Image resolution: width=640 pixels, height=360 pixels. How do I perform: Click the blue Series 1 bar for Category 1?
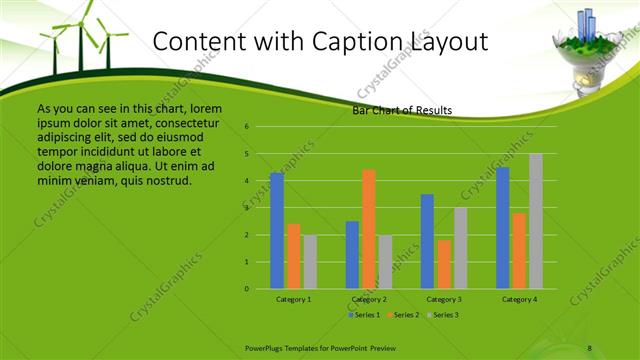[x=277, y=231]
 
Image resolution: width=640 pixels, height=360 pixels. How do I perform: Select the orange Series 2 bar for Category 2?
[x=369, y=229]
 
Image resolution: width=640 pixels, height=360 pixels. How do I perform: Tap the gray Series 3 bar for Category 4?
[x=536, y=221]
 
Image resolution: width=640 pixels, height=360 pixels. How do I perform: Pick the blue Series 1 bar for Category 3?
[x=427, y=241]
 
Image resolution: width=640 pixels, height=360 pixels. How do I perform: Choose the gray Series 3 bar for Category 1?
[x=310, y=262]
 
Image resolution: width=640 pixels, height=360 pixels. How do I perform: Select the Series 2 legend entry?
[x=403, y=315]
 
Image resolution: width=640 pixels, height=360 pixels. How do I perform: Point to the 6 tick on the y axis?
[x=246, y=127]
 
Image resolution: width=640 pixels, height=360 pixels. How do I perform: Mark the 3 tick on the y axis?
[x=246, y=208]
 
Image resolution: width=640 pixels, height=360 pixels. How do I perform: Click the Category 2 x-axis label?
[x=369, y=299]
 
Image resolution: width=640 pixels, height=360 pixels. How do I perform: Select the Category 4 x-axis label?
[x=519, y=299]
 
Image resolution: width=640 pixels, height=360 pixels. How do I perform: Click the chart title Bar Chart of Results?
[x=402, y=110]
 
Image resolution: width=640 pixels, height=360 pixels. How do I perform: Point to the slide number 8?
[x=590, y=347]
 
